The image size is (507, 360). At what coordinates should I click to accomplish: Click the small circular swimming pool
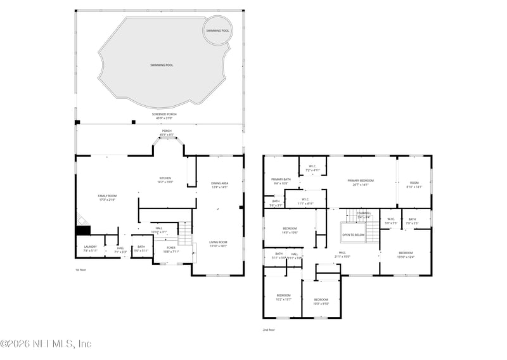[x=217, y=31]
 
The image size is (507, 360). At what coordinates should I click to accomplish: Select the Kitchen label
[x=165, y=180]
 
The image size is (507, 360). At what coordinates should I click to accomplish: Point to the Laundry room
[x=91, y=248]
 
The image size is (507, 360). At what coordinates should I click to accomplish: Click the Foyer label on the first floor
[x=171, y=249]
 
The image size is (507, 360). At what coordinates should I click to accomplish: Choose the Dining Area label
[x=220, y=185]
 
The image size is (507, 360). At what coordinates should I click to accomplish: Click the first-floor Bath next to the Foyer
[x=141, y=248]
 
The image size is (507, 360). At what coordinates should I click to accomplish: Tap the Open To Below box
[x=353, y=235]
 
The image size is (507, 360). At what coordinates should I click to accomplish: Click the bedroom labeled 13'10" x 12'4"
[x=405, y=254]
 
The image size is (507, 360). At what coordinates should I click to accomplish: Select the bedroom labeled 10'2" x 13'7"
[x=283, y=297]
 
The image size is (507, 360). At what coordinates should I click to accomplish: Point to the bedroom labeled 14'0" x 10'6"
[x=290, y=230]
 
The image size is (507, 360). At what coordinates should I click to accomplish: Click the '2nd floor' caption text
[x=269, y=330]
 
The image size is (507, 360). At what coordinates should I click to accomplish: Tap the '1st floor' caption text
[x=80, y=269]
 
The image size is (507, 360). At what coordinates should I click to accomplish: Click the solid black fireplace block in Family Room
[x=83, y=231]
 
